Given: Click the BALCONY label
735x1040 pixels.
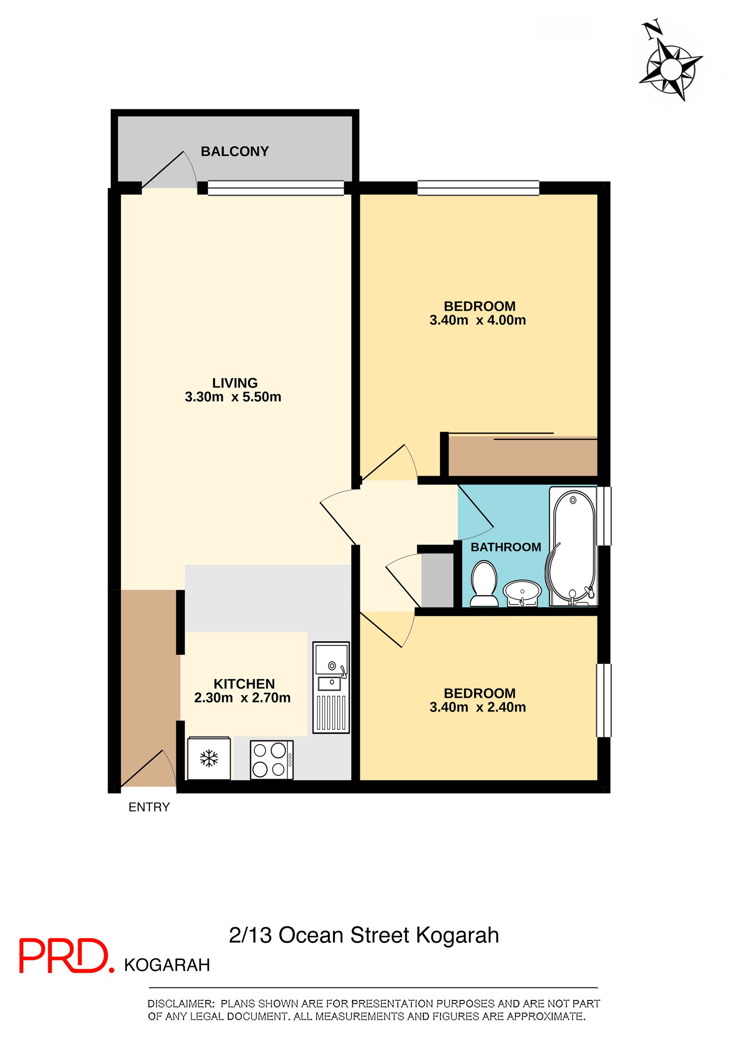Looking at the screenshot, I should click(x=234, y=151).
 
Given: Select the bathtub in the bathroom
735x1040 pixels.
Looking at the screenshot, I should click(x=573, y=546).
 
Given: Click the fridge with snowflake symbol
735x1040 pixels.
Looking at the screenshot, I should click(x=209, y=758).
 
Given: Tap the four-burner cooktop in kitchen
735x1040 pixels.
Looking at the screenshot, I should click(x=271, y=759).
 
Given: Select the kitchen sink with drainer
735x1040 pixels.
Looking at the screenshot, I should click(x=331, y=687).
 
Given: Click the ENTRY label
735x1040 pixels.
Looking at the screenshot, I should click(x=149, y=807).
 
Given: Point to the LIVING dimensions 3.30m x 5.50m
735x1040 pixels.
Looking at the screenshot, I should click(x=233, y=397).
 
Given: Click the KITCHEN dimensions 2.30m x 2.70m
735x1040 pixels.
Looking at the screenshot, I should click(x=242, y=698).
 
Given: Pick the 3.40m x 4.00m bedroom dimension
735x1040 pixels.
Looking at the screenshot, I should click(x=477, y=320).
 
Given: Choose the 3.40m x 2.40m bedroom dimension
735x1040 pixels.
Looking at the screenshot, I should click(x=477, y=707).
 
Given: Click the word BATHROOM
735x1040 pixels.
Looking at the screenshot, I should click(x=506, y=547).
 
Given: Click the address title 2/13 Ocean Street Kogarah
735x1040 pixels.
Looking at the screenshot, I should click(x=364, y=935).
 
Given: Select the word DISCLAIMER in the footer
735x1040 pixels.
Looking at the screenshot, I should click(x=181, y=1003).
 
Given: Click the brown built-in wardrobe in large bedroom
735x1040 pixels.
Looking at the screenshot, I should click(x=522, y=457).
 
